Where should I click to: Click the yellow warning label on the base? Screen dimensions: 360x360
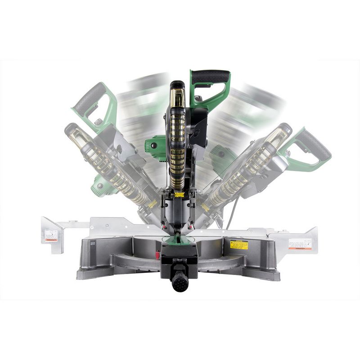point(239,245)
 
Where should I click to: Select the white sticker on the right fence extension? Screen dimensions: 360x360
point(300,244)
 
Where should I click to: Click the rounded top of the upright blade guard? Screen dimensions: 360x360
point(177,85)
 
